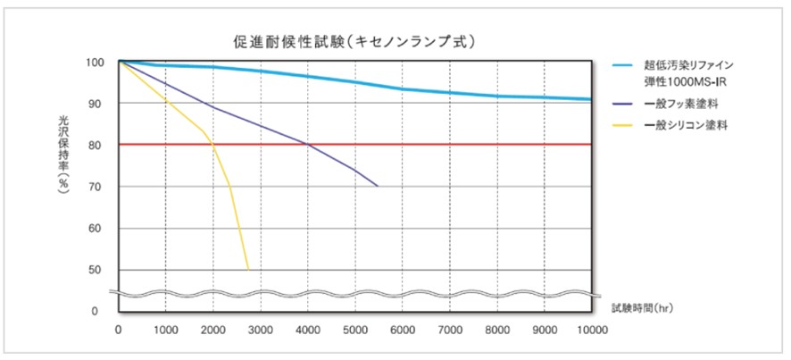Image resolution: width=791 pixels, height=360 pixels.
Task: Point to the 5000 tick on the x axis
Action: coord(354,330)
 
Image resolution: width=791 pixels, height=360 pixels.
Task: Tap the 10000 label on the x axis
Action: coord(590,330)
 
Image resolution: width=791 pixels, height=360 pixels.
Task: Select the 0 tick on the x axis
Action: coord(119,330)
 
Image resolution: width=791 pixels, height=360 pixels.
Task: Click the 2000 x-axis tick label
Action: coord(212,330)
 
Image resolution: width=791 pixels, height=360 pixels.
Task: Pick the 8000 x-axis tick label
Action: coord(496,330)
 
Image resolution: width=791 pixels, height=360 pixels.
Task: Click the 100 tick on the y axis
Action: coord(96,63)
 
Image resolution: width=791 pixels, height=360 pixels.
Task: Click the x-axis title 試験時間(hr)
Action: coord(644,307)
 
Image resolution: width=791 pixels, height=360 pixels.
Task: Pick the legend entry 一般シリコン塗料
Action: coord(692,125)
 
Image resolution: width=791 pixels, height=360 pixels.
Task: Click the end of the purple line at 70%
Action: coord(378,186)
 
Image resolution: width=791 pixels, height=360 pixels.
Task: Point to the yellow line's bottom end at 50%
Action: coord(247,268)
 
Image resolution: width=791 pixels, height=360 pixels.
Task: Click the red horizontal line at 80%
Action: coord(446,144)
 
